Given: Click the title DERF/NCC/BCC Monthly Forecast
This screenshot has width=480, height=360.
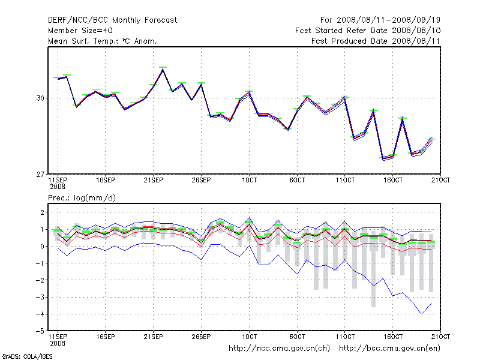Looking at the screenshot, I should (x=112, y=20).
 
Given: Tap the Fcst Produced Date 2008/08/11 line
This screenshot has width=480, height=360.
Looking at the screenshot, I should (x=376, y=41).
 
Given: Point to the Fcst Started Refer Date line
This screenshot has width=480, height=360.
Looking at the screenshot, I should (x=368, y=31).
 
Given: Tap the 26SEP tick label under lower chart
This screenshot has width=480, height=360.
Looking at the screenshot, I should (x=201, y=337).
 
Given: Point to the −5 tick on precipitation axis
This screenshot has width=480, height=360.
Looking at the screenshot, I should (x=40, y=331).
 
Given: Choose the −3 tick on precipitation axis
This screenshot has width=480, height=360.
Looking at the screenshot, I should (x=40, y=297).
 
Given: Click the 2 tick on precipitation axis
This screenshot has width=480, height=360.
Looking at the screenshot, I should (x=41, y=212).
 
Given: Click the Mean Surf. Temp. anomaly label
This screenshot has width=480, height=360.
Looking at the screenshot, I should (x=103, y=41).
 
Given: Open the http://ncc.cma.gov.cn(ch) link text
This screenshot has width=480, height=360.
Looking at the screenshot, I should (x=280, y=348).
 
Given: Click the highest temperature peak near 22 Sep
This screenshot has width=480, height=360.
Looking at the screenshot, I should (x=163, y=69).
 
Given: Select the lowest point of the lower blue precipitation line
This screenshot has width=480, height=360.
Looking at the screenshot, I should (x=422, y=314).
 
